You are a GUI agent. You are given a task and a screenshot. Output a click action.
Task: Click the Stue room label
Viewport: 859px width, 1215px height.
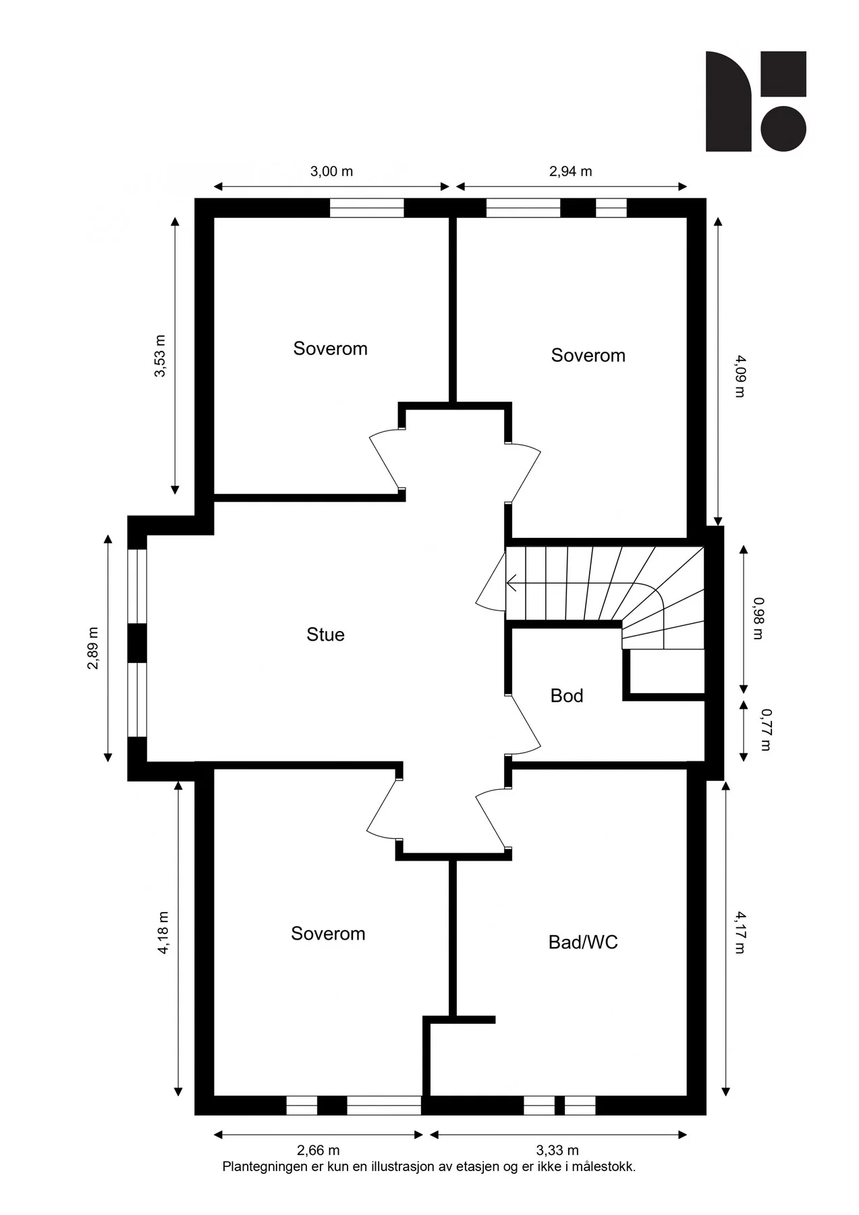(325, 634)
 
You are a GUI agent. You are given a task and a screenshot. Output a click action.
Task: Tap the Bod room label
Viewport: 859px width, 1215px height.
(567, 696)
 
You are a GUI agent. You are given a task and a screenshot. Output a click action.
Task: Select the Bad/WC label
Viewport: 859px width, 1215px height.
(583, 942)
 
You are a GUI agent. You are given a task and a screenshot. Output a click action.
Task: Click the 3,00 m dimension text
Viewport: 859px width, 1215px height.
(331, 171)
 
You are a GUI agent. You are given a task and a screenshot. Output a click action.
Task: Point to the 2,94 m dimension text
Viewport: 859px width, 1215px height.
(570, 171)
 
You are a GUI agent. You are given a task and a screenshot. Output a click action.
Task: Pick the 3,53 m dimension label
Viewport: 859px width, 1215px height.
(160, 356)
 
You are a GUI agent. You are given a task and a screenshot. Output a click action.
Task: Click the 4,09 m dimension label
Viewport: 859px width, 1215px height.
(740, 376)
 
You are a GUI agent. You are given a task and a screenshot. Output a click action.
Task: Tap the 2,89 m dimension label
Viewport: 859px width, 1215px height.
(92, 649)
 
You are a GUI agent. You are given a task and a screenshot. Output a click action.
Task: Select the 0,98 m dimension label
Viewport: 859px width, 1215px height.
(758, 618)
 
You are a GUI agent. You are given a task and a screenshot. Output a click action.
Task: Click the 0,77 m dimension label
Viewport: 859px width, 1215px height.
(766, 730)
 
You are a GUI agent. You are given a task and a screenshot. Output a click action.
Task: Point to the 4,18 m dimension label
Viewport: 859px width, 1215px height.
(163, 933)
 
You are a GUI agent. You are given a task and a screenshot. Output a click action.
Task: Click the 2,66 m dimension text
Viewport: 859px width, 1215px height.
(318, 1150)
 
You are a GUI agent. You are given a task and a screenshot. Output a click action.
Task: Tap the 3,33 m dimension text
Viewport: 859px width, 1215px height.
(557, 1150)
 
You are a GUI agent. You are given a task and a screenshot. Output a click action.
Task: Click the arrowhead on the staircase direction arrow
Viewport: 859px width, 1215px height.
(509, 583)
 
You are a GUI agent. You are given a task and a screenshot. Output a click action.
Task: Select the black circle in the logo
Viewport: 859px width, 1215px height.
(783, 128)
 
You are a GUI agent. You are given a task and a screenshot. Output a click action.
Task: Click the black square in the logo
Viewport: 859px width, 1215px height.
(783, 74)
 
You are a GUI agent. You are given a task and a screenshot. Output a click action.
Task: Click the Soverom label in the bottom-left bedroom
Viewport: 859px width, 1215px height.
(328, 934)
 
